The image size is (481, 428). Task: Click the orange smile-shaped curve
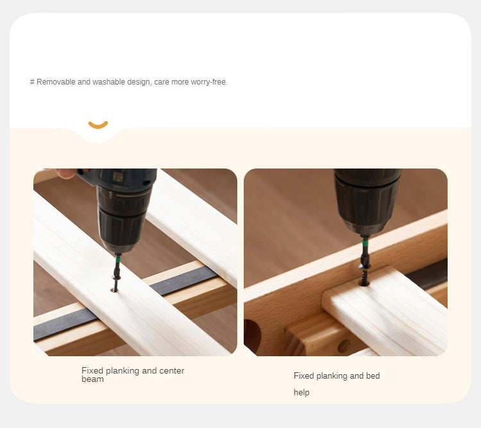(x=98, y=126)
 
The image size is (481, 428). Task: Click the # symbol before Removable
(x=32, y=82)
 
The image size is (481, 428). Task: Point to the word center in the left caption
(x=171, y=371)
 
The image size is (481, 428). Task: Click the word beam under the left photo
(x=92, y=379)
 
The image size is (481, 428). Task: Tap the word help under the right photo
(x=301, y=393)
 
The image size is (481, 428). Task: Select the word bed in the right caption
(x=373, y=375)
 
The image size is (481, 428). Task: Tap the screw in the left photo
(x=115, y=283)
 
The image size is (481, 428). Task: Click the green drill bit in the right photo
(x=365, y=251)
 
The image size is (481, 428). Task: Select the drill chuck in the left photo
(x=122, y=220)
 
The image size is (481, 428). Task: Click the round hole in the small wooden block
(x=344, y=346)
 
